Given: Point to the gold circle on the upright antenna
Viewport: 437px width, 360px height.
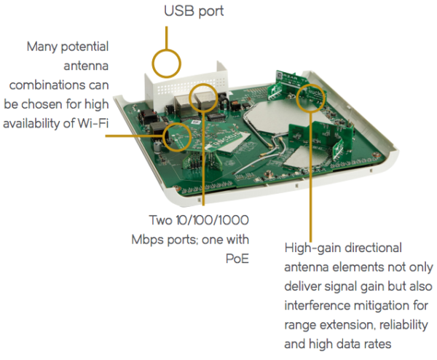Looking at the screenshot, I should click(311, 96).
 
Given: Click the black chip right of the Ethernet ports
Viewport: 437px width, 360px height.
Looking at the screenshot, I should click(216, 116).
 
